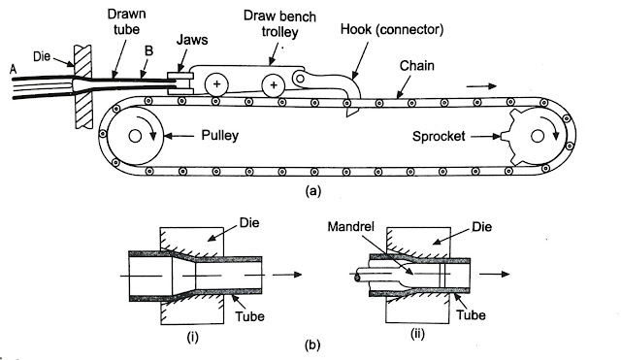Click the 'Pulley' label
tap(220, 136)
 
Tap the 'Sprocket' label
tap(439, 137)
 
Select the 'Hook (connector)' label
tap(392, 30)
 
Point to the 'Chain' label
tap(416, 66)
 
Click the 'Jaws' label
tap(192, 40)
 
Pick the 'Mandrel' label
tap(351, 226)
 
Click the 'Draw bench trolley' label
tap(279, 23)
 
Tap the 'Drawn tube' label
tap(127, 21)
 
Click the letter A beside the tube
tap(13, 70)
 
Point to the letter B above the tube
tap(148, 51)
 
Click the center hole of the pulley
tap(135, 136)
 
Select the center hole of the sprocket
tap(537, 136)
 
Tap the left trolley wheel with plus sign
tap(216, 84)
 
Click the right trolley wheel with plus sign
tap(274, 85)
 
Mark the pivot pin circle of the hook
tap(300, 79)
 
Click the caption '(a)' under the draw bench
tap(312, 191)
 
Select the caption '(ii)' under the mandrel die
tap(417, 334)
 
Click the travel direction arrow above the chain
tap(481, 86)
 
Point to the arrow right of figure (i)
tap(287, 275)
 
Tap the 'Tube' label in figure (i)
tap(249, 316)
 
